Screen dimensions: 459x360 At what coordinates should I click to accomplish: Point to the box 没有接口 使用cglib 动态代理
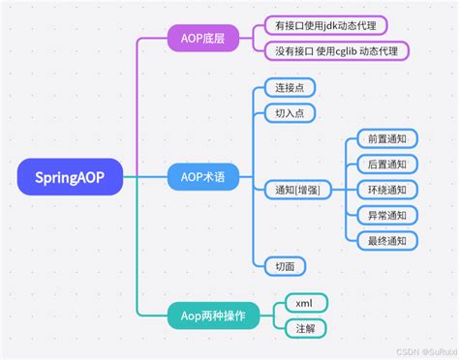(335, 50)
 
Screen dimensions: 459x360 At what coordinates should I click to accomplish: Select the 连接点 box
(289, 88)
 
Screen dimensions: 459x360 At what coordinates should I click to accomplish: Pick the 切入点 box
(289, 113)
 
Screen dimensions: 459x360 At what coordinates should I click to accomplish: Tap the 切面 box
(284, 264)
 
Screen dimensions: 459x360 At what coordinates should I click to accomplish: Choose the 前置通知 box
(387, 139)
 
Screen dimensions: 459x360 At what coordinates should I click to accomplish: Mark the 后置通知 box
(387, 165)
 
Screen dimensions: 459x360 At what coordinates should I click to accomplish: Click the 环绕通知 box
(387, 190)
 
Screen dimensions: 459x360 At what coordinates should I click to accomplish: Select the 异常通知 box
(387, 215)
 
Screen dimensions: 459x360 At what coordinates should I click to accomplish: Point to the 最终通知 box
(387, 240)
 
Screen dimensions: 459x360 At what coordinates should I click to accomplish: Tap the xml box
(306, 303)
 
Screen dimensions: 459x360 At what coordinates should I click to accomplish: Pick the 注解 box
(306, 328)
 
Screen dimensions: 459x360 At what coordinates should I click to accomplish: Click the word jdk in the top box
(330, 25)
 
